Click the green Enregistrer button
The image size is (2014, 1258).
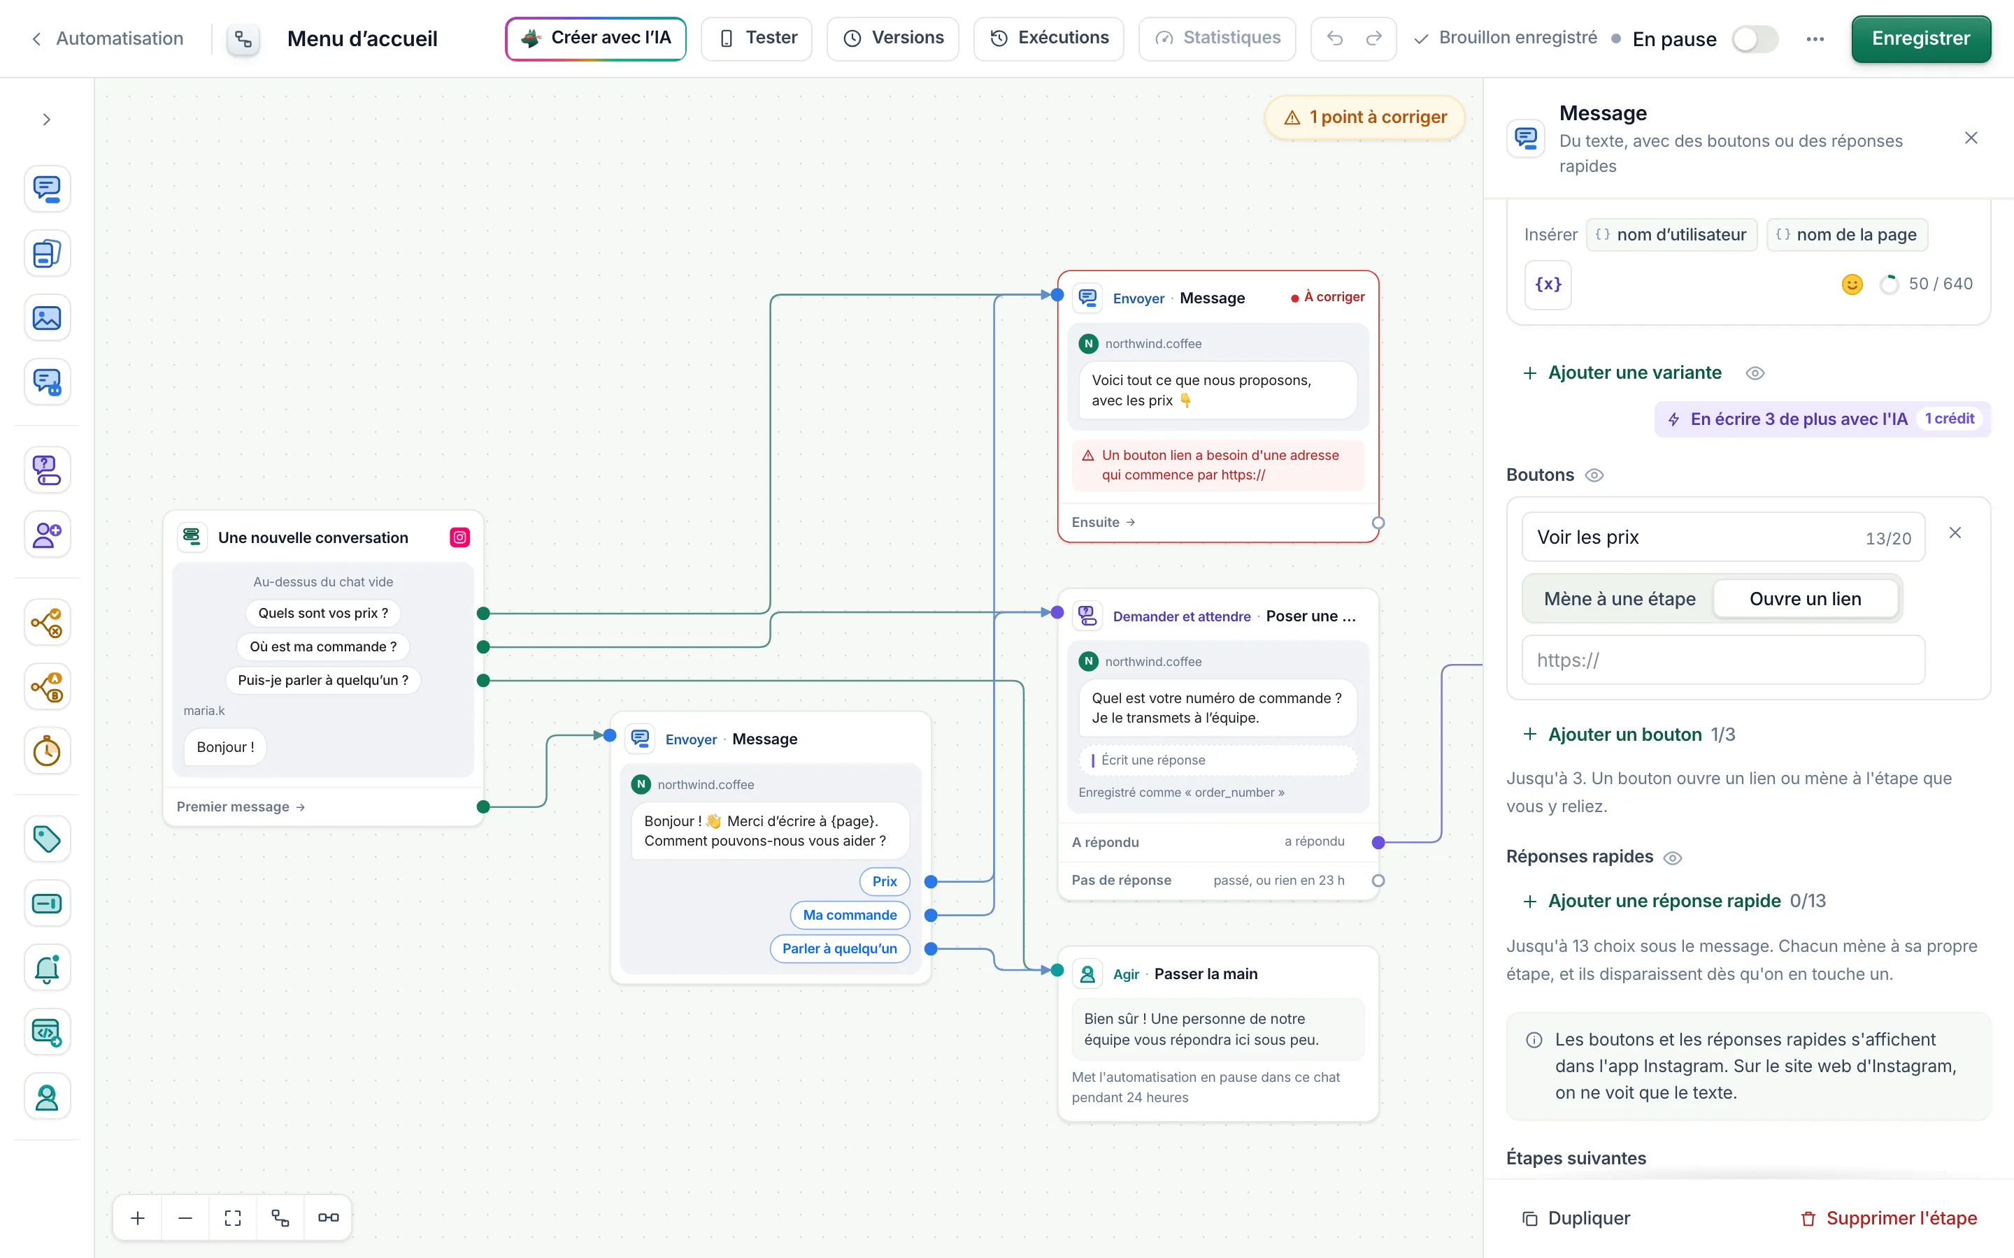coord(1920,38)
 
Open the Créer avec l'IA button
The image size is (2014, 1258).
coord(596,38)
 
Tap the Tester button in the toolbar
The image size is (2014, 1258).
coord(757,38)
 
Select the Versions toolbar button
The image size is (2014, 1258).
coord(892,38)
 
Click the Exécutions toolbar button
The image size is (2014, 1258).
coord(1049,38)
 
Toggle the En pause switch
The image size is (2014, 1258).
coord(1755,39)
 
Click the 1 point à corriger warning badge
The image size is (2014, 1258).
coord(1365,117)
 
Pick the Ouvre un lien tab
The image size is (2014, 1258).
coord(1805,599)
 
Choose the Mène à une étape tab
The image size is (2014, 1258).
coord(1620,599)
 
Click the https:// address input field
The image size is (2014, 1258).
coord(1722,660)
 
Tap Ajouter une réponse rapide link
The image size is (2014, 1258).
coord(1664,901)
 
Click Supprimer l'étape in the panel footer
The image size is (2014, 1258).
coord(1888,1218)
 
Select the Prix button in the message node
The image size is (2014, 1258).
coord(885,881)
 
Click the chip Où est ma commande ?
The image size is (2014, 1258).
coord(323,646)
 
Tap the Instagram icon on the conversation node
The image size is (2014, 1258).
coord(459,537)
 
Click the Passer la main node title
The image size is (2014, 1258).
coord(1206,974)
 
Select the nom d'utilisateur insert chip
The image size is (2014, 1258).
coord(1672,235)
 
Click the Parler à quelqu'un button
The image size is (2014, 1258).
coord(840,948)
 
